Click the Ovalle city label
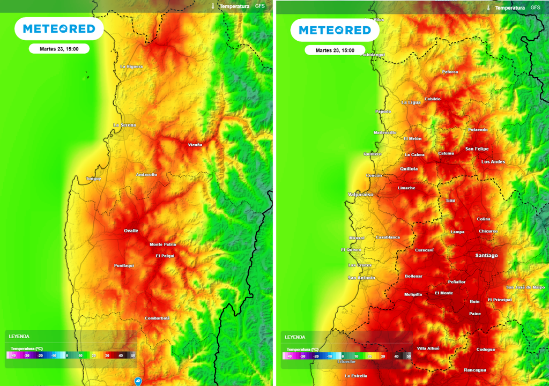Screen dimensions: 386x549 [131, 231]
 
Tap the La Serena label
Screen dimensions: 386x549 [124, 125]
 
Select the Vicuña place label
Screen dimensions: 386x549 [195, 145]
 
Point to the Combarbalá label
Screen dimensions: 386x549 [157, 318]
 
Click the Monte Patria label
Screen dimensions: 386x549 [162, 244]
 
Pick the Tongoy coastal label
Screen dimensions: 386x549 [93, 179]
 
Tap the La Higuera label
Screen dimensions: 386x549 [131, 66]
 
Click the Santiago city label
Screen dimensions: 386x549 [486, 256]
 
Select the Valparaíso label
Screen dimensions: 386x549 [360, 194]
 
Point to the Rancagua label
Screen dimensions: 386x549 [475, 370]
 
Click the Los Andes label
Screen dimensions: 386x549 [493, 162]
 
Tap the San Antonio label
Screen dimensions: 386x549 [361, 278]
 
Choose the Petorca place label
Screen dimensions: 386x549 [450, 72]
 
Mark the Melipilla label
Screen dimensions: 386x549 [413, 294]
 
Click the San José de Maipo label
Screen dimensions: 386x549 [525, 287]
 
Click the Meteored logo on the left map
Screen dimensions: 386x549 [59, 29]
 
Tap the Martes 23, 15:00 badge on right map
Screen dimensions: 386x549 [335, 50]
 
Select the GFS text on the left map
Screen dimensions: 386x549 [260, 6]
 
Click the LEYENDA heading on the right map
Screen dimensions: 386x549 [295, 337]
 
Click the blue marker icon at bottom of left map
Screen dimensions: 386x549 [138, 381]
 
